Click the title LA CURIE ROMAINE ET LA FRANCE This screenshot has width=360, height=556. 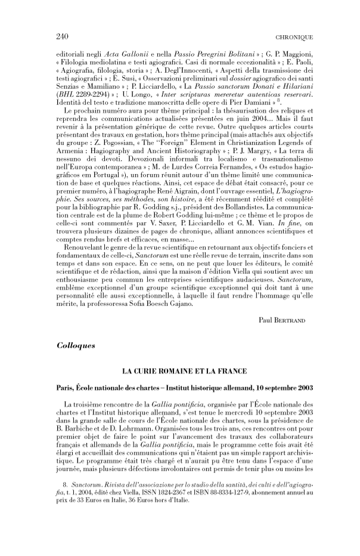[x=184, y=371]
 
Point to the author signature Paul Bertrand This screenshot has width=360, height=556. [x=283, y=319]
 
